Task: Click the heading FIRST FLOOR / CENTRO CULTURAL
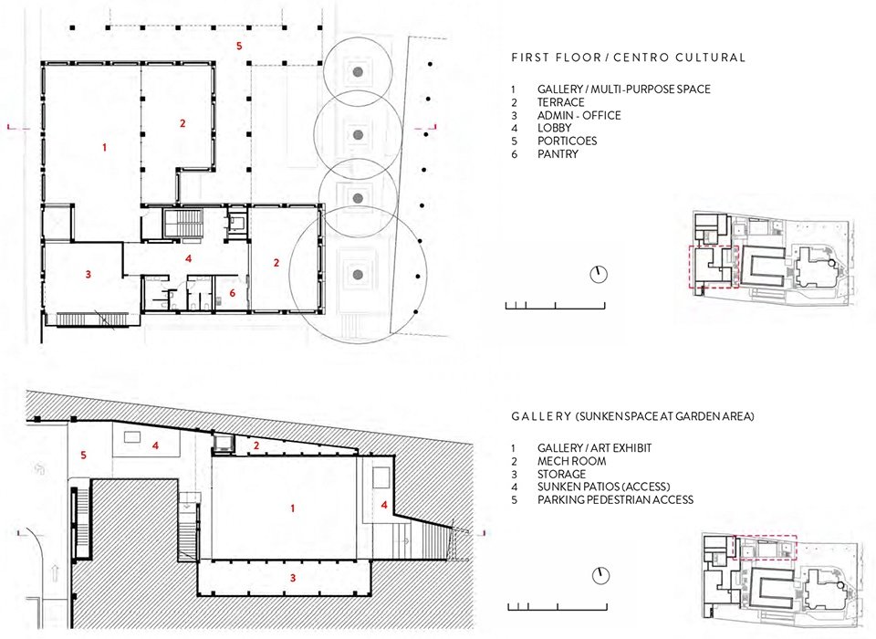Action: tap(629, 58)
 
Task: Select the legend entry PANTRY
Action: tap(558, 153)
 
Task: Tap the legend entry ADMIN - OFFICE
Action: tap(579, 115)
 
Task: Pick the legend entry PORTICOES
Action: tap(567, 141)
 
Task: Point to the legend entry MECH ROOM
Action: tap(571, 461)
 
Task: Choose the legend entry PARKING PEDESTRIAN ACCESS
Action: tap(615, 500)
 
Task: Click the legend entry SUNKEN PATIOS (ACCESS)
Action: tap(603, 487)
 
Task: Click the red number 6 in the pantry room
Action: tap(233, 293)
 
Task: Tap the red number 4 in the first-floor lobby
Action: tap(189, 258)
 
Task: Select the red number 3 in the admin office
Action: tap(89, 274)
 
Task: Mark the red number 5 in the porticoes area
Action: tap(239, 46)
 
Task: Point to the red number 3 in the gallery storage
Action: tap(293, 578)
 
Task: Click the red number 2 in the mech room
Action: tap(256, 445)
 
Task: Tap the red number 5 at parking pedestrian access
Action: tap(83, 456)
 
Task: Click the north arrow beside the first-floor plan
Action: tap(599, 275)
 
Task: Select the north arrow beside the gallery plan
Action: tap(600, 576)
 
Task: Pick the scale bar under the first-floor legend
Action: tap(556, 305)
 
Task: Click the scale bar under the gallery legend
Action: tap(558, 606)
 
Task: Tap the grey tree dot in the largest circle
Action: tap(359, 274)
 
